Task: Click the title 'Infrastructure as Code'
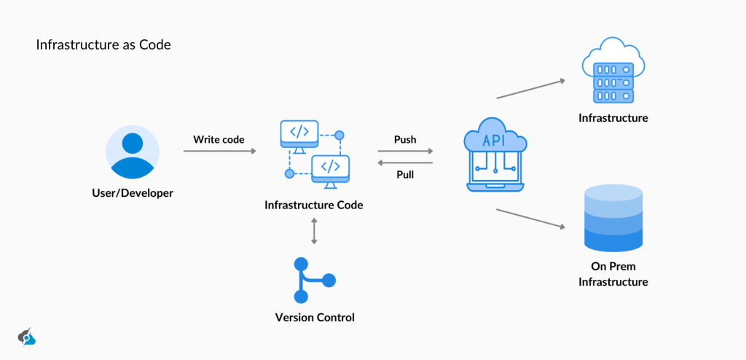(103, 45)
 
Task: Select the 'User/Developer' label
(132, 193)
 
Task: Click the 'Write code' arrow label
(219, 138)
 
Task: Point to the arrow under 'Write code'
(219, 151)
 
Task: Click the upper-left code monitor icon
(299, 133)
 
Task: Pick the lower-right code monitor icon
(331, 167)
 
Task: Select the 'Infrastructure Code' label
(313, 205)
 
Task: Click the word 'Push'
(405, 138)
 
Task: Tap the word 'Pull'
(405, 175)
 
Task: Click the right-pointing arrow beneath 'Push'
(405, 151)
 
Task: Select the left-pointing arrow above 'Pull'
(405, 163)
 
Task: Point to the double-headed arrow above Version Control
(314, 231)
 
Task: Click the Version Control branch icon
(313, 280)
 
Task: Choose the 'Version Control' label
(315, 317)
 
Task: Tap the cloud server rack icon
(613, 74)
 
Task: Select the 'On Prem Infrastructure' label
(613, 274)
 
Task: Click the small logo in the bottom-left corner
(26, 337)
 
